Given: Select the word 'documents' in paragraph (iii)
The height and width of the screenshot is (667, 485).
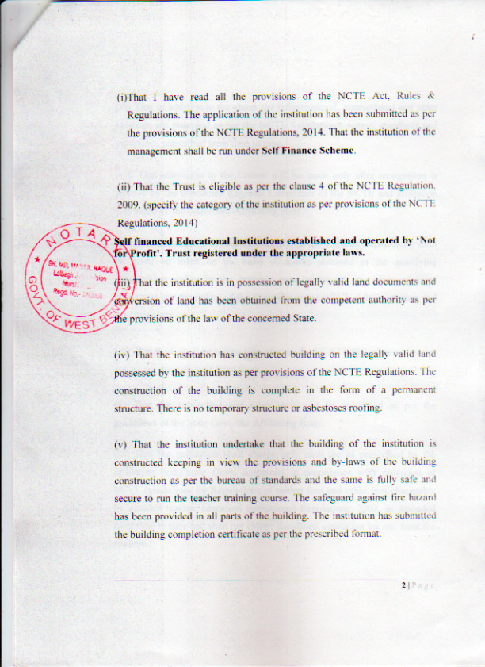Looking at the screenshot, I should tap(393, 282).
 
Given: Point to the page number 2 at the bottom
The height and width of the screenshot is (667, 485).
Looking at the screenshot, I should tap(404, 585).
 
